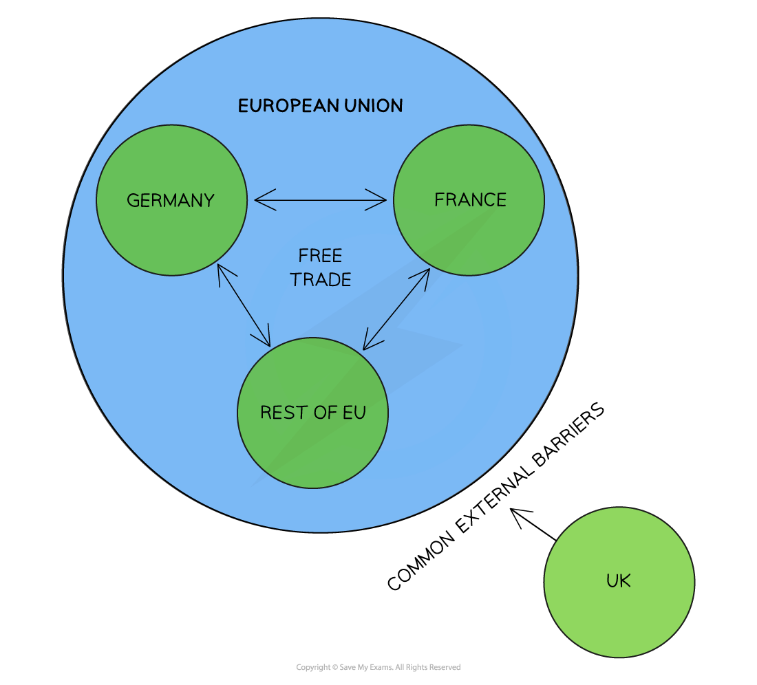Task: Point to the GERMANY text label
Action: [171, 200]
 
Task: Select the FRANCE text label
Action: [470, 199]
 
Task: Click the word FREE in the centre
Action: [320, 256]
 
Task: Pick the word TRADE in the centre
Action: [320, 280]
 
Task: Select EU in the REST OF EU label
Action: [354, 413]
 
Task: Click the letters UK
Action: [618, 581]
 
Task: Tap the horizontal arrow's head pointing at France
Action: [381, 200]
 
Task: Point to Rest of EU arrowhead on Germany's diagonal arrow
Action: [266, 341]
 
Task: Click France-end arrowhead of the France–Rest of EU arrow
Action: [425, 273]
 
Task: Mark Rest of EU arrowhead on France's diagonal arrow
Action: [367, 345]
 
